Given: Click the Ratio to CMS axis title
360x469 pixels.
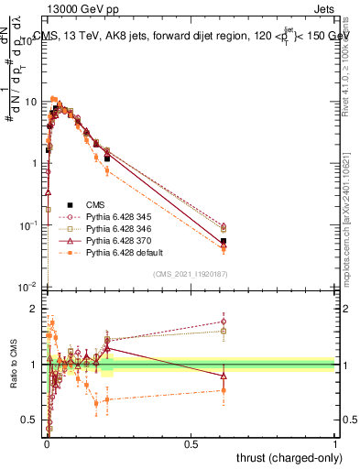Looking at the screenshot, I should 12,365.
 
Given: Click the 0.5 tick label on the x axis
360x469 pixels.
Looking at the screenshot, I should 191,444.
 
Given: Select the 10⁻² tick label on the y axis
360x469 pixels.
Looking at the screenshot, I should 27,287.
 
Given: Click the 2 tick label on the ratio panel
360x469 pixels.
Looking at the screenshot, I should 36,309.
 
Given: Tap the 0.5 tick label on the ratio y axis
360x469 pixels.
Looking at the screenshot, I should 32,420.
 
